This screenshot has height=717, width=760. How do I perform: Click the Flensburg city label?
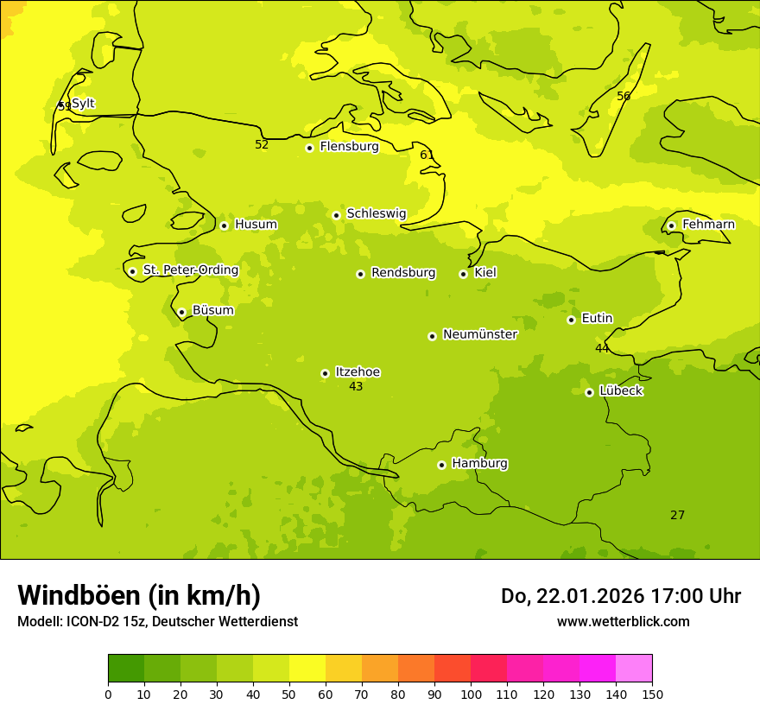click(x=349, y=147)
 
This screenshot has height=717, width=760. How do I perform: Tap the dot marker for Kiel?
click(x=463, y=274)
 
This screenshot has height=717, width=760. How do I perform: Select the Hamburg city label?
click(x=479, y=464)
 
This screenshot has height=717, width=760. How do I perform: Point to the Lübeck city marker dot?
click(x=589, y=392)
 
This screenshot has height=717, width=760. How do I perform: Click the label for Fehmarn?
click(x=708, y=225)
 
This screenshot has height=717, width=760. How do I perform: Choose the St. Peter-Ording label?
click(x=190, y=270)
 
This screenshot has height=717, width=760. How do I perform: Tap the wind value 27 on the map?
click(x=677, y=516)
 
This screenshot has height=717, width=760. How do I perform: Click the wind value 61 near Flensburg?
click(x=427, y=155)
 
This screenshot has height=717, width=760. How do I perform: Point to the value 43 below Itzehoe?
click(x=356, y=387)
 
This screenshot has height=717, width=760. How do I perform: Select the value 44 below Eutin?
click(x=602, y=349)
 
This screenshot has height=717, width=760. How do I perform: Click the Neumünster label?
click(x=479, y=334)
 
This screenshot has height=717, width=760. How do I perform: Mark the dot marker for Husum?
click(x=224, y=225)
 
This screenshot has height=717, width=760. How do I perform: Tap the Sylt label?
click(x=83, y=104)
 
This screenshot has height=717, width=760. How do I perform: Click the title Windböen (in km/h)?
click(x=139, y=595)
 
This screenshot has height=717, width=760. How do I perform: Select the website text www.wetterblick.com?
click(x=623, y=621)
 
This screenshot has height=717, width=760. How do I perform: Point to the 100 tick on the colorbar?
click(x=471, y=694)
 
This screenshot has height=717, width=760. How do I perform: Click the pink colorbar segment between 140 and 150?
click(x=634, y=669)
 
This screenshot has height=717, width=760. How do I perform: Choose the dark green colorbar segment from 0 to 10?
click(x=126, y=669)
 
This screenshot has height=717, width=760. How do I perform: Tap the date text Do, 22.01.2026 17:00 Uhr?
click(x=620, y=596)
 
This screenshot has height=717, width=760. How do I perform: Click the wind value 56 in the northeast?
click(x=624, y=97)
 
